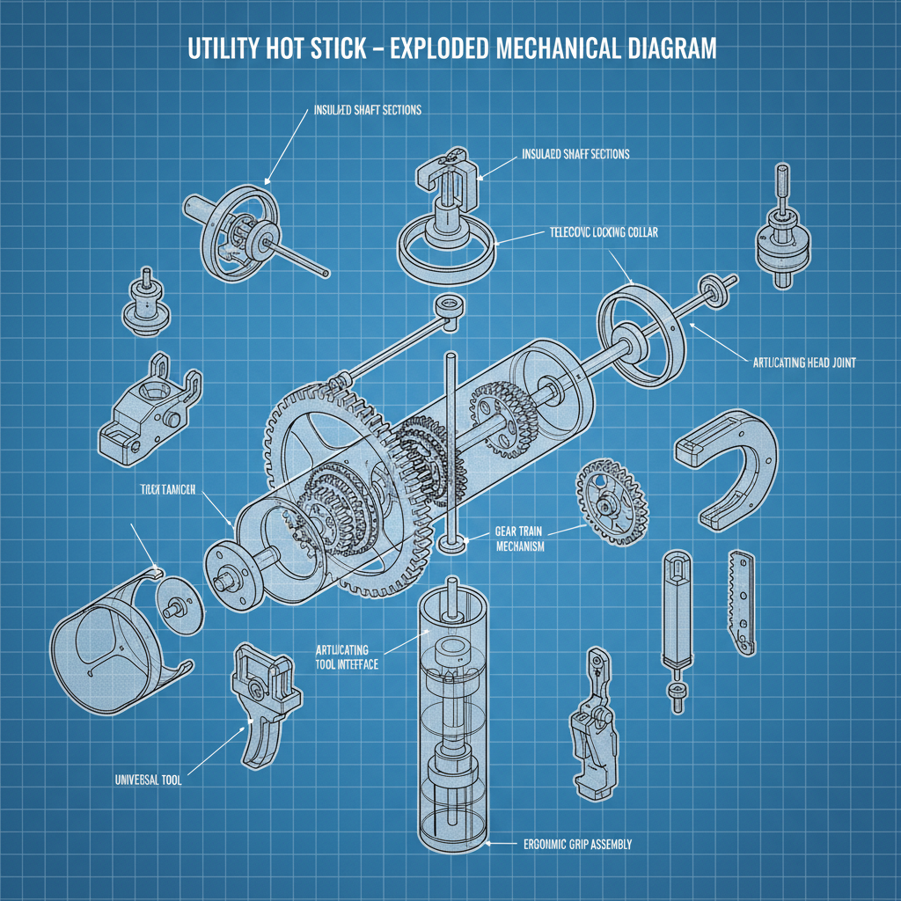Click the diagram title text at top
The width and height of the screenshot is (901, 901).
(x=451, y=49)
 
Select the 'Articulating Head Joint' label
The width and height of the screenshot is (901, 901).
(x=805, y=361)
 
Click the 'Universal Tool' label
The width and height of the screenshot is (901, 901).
(x=148, y=780)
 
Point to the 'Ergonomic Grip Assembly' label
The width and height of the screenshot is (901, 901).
(x=571, y=845)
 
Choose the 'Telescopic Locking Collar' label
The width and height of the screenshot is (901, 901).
(x=604, y=233)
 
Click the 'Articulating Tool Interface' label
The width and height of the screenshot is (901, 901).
(x=347, y=656)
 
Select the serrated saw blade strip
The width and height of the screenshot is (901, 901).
(x=741, y=603)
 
